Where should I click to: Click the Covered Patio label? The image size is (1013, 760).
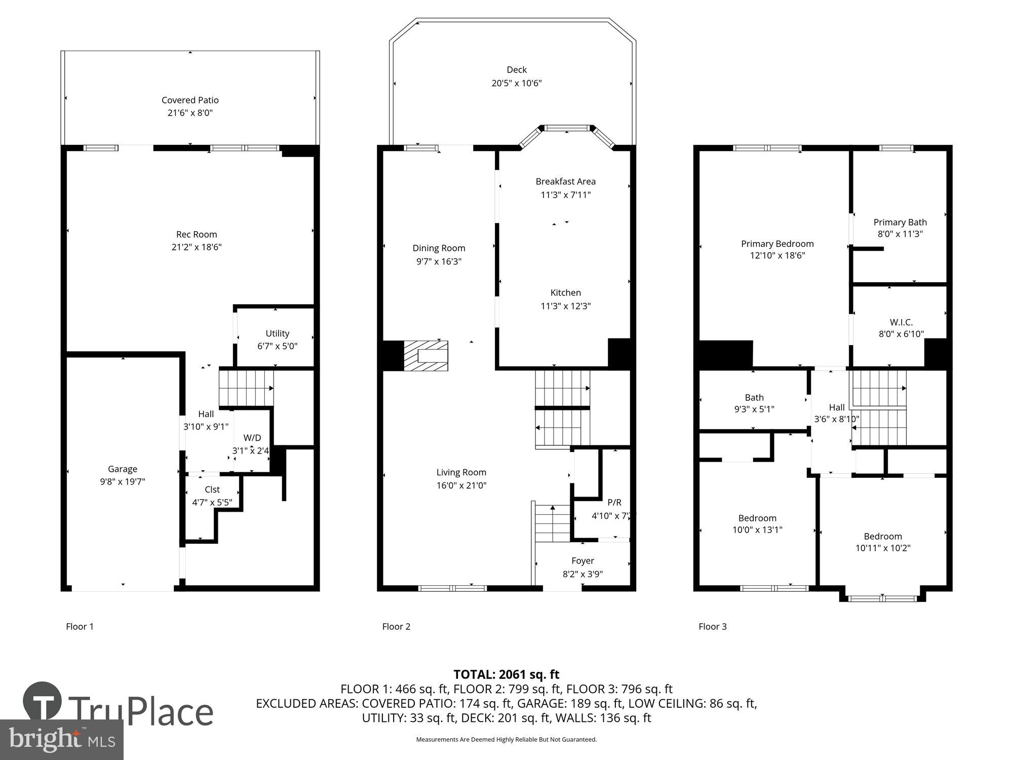click(190, 100)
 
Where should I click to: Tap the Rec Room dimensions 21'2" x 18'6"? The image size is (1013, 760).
click(197, 247)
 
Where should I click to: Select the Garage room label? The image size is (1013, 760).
click(122, 469)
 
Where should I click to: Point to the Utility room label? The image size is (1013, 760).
click(277, 333)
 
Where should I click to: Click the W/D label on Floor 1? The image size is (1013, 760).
click(252, 438)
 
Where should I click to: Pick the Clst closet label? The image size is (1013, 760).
click(212, 489)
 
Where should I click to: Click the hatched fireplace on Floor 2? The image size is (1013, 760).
click(425, 356)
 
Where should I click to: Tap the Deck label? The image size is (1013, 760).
click(516, 70)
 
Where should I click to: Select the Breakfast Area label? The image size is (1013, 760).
click(565, 181)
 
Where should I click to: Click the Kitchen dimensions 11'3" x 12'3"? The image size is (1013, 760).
click(565, 306)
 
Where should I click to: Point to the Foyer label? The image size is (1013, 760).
click(582, 561)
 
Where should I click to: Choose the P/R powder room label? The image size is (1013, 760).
click(614, 503)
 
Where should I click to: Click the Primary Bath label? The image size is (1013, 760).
click(900, 222)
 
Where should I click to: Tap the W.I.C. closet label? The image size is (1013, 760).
click(901, 322)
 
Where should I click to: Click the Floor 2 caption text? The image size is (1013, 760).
click(396, 627)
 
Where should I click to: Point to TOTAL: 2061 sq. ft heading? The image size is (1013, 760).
click(506, 674)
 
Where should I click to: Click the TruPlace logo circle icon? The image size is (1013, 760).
click(43, 701)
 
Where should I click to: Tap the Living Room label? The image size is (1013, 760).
click(461, 472)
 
